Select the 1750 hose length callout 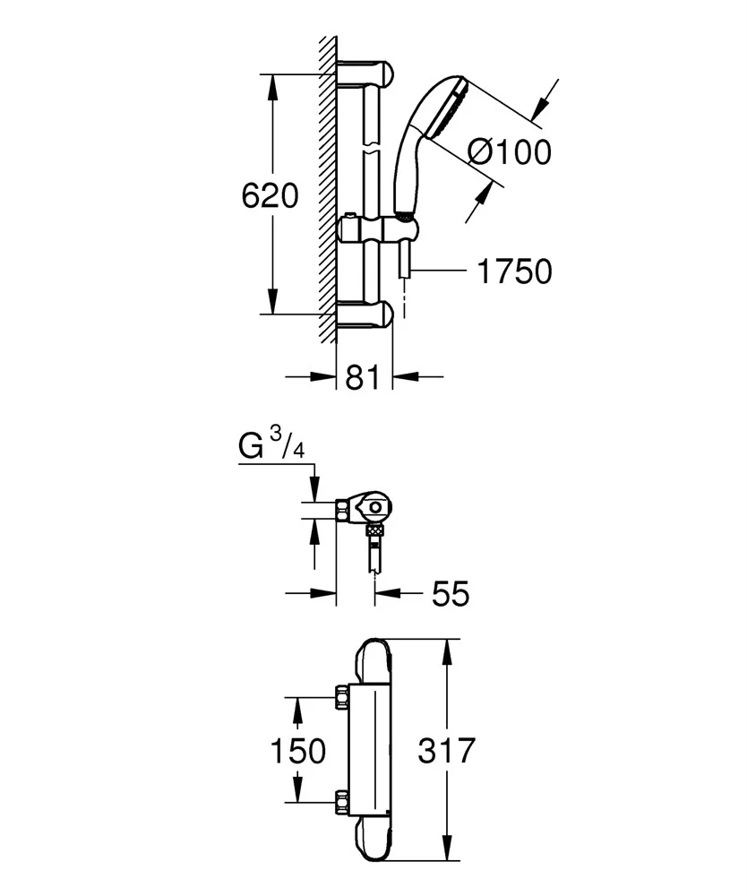tap(513, 271)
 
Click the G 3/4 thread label tap(272, 445)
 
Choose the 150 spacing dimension tap(297, 750)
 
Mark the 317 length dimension tap(445, 750)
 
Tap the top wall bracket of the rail tap(365, 73)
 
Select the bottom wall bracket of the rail tap(365, 314)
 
